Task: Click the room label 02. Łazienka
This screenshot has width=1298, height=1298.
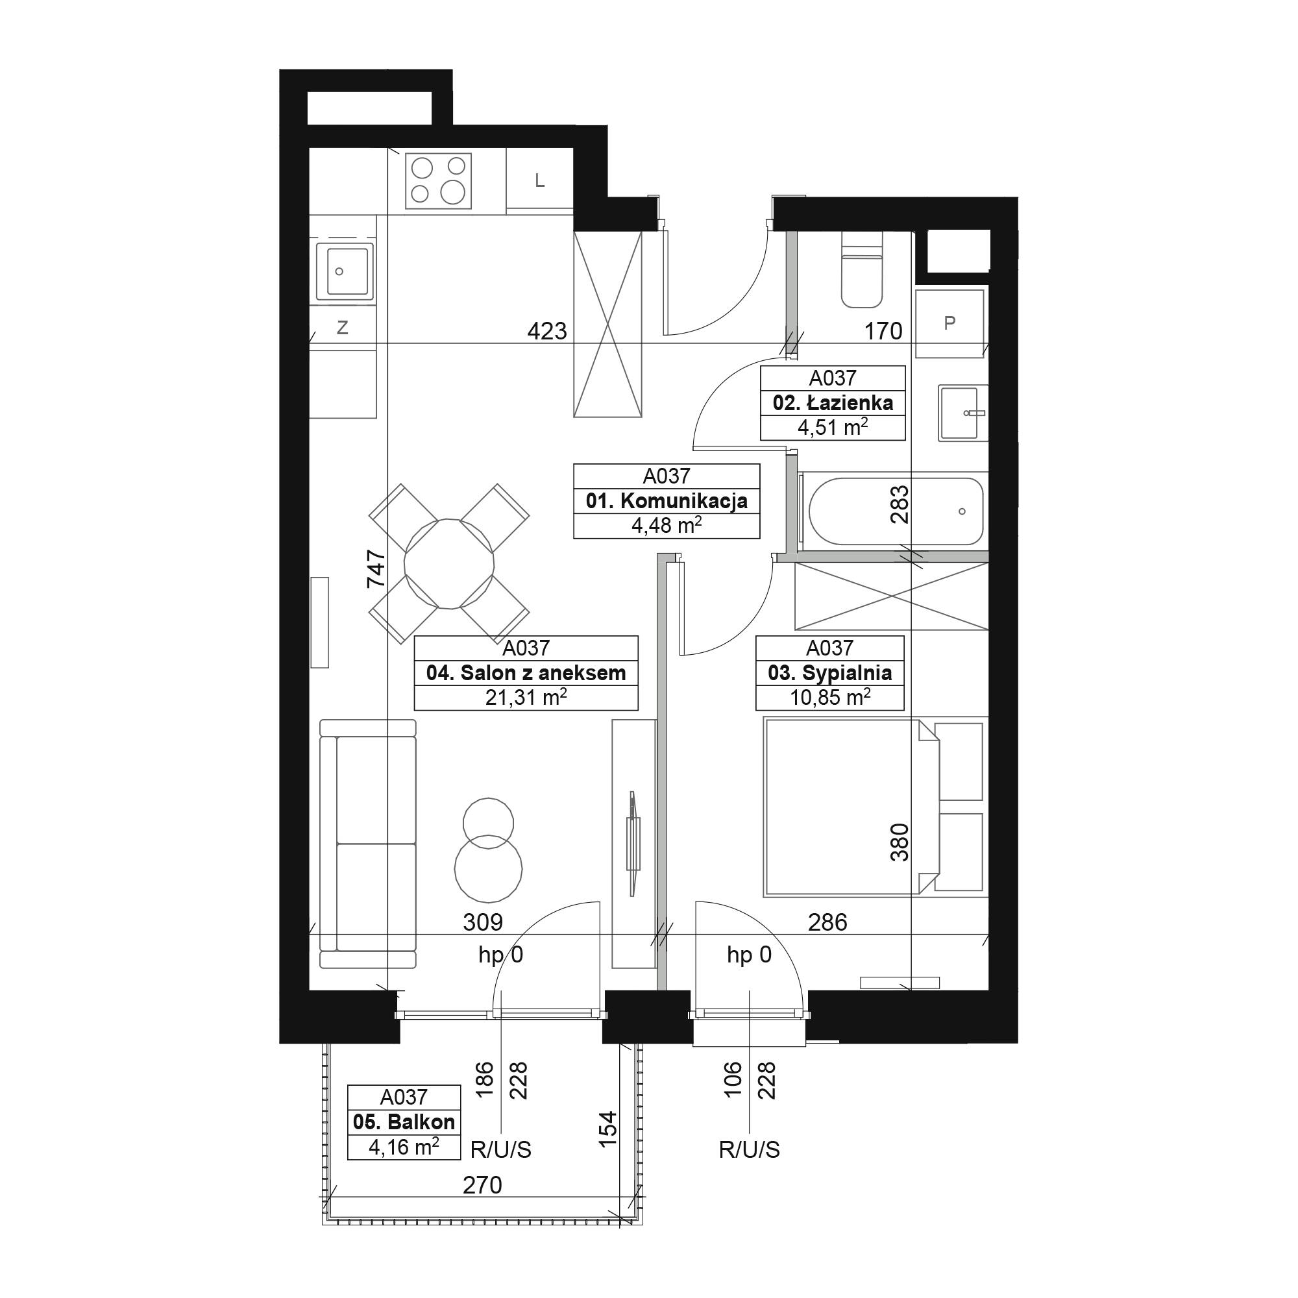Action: pyautogui.click(x=833, y=403)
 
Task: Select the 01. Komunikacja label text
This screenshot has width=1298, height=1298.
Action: pyautogui.click(x=667, y=501)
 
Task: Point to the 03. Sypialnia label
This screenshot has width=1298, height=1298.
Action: pyautogui.click(x=829, y=673)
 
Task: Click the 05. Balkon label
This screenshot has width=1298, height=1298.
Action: pyautogui.click(x=404, y=1122)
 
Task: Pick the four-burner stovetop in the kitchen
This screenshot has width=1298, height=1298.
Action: pyautogui.click(x=438, y=180)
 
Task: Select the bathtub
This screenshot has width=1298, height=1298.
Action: pyautogui.click(x=896, y=512)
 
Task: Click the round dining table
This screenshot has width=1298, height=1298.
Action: pyautogui.click(x=449, y=563)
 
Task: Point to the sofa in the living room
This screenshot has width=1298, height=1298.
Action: pyautogui.click(x=367, y=844)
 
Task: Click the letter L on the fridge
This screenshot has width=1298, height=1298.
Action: pyautogui.click(x=539, y=180)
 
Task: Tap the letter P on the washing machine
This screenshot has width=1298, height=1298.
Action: pyautogui.click(x=949, y=323)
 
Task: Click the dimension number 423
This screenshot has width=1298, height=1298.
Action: pyautogui.click(x=547, y=331)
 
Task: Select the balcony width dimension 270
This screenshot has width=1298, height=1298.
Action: pyautogui.click(x=482, y=1184)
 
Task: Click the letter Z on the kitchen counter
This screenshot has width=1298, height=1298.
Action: pyautogui.click(x=342, y=328)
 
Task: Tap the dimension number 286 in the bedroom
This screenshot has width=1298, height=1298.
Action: pyautogui.click(x=827, y=922)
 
